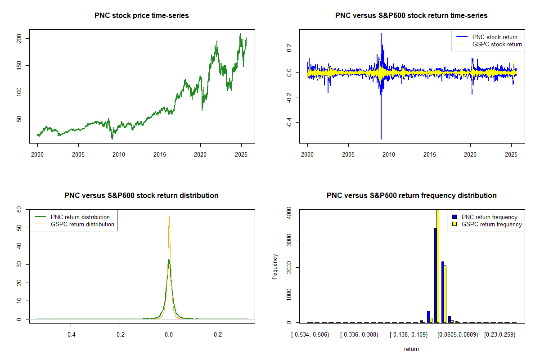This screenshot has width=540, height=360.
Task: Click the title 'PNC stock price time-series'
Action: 141,16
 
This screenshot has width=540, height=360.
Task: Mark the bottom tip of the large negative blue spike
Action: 381,139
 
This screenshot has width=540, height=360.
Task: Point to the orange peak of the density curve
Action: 169,216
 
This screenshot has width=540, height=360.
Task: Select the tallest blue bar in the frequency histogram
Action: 435,274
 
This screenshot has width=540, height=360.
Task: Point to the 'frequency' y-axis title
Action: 275,267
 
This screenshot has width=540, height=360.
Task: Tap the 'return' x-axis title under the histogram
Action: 411,349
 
